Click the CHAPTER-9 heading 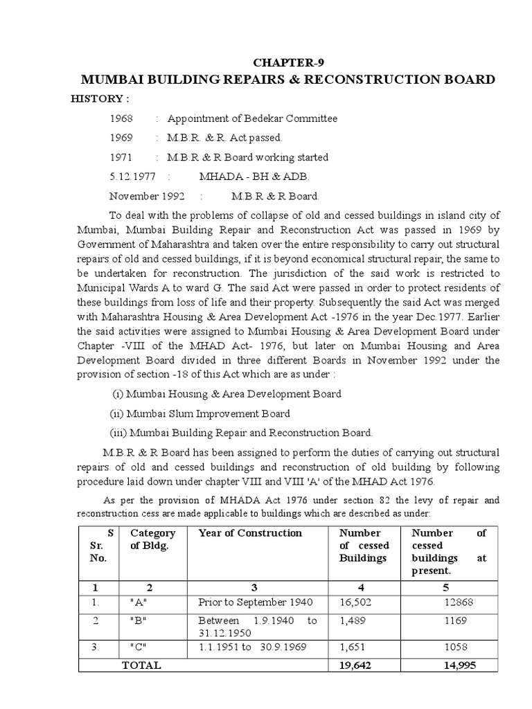[287, 61]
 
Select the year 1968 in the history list [121, 118]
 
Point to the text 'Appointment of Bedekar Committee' [252, 118]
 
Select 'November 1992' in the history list [147, 196]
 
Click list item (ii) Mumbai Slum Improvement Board [200, 413]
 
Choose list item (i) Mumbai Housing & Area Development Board [226, 394]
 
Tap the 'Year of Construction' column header [250, 533]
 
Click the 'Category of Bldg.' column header [153, 539]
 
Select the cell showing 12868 [459, 602]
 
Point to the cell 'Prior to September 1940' [255, 602]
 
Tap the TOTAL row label [141, 665]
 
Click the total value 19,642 [357, 665]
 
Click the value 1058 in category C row [456, 648]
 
